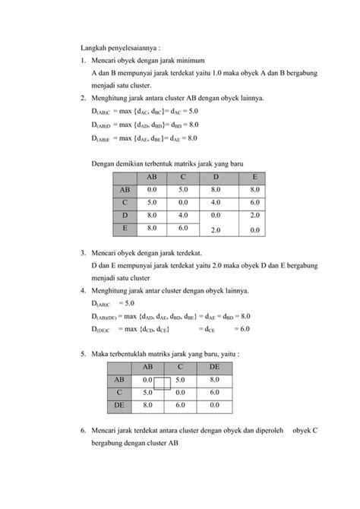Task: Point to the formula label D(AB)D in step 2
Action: [x=100, y=124]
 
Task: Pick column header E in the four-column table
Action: [x=254, y=177]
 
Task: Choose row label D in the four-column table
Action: [x=125, y=216]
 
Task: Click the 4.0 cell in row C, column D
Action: [x=216, y=203]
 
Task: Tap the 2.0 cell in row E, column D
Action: [x=216, y=229]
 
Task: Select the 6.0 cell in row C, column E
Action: [x=254, y=203]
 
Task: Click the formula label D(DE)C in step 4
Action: [x=100, y=329]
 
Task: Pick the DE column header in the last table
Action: [x=214, y=367]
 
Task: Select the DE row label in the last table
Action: [x=119, y=406]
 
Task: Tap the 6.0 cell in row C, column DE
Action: [x=214, y=393]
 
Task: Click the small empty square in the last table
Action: [x=162, y=383]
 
